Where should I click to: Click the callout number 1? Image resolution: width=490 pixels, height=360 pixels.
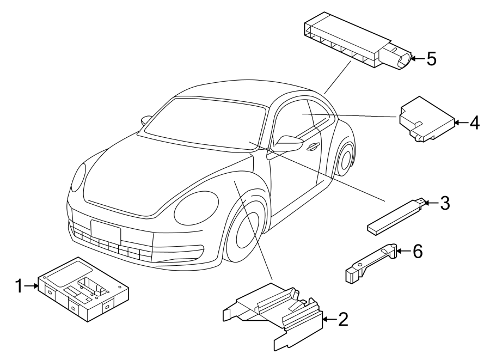(20, 286)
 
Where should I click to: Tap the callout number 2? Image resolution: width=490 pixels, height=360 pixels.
(343, 319)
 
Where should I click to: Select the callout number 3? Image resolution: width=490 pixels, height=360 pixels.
(445, 203)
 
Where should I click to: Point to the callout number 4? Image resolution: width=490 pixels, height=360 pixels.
(474, 123)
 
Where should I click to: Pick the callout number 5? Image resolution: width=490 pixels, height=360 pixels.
(432, 59)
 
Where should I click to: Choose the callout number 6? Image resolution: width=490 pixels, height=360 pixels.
(418, 251)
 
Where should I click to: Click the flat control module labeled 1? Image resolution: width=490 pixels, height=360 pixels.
(84, 289)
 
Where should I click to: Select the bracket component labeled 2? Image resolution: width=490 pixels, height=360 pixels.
(273, 316)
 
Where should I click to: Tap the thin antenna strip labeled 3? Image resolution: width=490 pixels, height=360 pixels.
(396, 216)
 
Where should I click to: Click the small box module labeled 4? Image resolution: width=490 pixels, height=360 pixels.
(427, 119)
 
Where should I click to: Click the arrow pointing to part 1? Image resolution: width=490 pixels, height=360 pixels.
(31, 285)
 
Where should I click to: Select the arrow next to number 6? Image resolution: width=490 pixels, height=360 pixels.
(403, 251)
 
